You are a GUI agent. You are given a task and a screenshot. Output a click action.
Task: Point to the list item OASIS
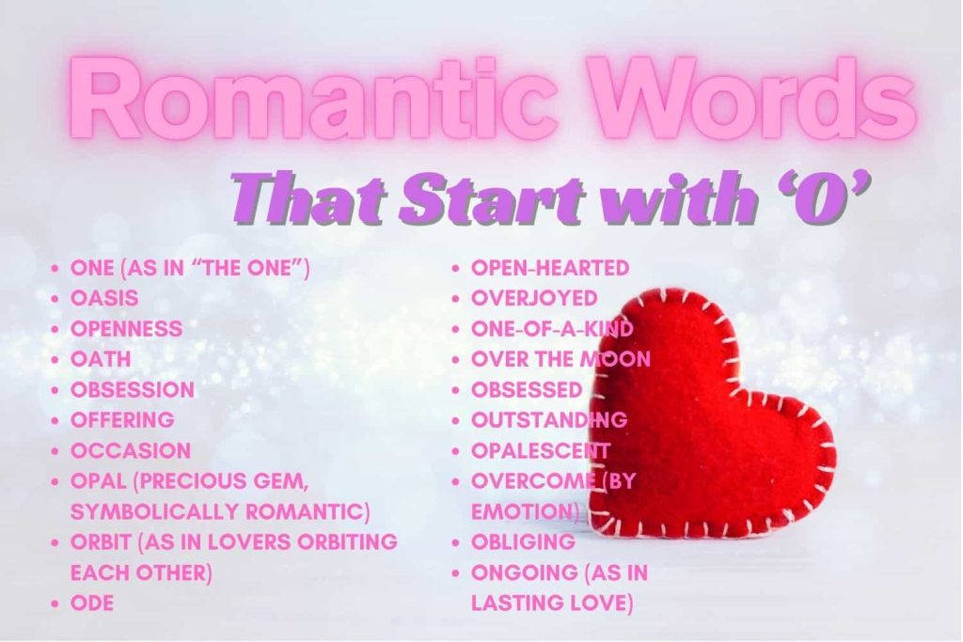tap(104, 298)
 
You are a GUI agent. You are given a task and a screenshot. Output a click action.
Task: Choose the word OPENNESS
tap(126, 329)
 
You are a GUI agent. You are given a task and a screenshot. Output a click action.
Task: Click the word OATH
tap(101, 359)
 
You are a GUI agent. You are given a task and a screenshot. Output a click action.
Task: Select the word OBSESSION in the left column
tap(133, 389)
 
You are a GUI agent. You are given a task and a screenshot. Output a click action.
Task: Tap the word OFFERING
tap(122, 419)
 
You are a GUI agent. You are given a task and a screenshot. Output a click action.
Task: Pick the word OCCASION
tap(131, 450)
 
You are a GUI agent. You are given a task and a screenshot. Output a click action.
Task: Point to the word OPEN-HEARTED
tap(550, 268)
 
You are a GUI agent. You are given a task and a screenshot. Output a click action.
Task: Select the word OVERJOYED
tap(534, 298)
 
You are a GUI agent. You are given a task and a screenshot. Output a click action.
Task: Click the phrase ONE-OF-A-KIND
tap(552, 329)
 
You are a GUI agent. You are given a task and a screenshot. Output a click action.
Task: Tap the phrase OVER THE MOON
tap(560, 359)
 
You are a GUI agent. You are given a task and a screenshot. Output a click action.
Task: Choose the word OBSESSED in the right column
tap(527, 389)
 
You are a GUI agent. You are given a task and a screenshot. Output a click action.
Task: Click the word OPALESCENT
tap(540, 450)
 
